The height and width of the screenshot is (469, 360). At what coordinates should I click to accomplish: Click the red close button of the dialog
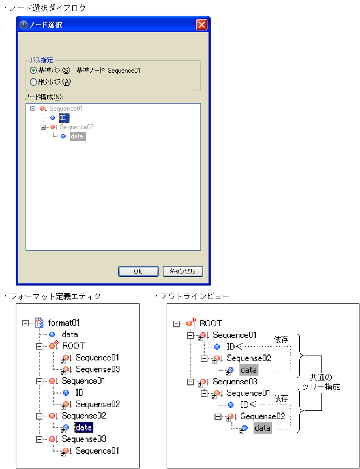point(201,24)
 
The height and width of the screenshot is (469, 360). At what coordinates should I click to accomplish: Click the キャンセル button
point(182,271)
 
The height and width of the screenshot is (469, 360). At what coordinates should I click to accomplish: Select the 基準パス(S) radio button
point(34,71)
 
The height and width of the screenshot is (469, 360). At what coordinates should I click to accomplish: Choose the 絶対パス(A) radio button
point(34,83)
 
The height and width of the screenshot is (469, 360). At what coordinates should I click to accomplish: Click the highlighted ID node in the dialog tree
point(64,117)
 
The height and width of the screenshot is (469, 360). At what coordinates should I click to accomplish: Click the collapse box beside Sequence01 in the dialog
point(33,109)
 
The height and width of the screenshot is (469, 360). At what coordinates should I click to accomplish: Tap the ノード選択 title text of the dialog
point(46,25)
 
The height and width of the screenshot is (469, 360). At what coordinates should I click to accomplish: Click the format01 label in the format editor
point(64,323)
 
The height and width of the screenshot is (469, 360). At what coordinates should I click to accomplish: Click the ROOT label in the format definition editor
point(73,346)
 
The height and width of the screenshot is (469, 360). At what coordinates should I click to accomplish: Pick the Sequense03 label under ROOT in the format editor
point(97,370)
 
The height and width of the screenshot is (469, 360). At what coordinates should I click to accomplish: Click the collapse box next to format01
point(26,323)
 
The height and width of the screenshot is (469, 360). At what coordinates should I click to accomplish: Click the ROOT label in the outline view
point(211,323)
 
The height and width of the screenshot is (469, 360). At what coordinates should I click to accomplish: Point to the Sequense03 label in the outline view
point(235,382)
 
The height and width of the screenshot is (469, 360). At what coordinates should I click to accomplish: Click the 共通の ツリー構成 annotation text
point(325,382)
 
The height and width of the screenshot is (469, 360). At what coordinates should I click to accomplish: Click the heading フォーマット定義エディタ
point(54,296)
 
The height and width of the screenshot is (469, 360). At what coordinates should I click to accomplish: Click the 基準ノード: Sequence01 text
point(108,71)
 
